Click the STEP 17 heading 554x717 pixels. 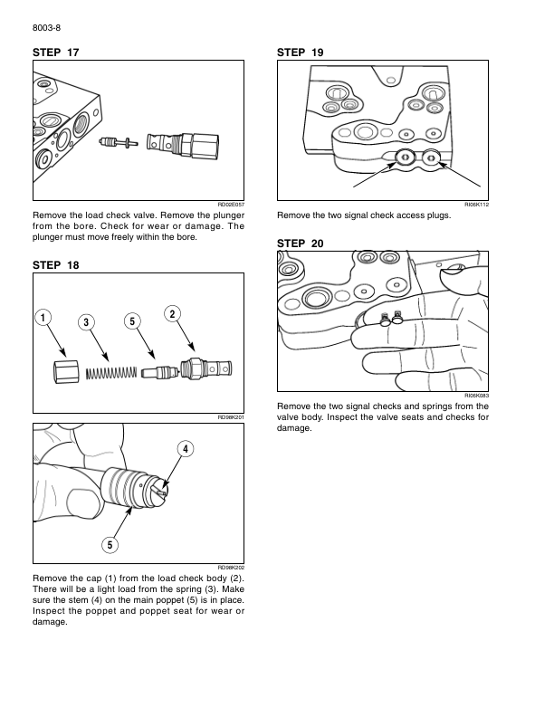(x=56, y=54)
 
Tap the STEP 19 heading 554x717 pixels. (x=301, y=54)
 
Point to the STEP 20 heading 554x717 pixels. (x=301, y=244)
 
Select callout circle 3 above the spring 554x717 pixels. (x=86, y=322)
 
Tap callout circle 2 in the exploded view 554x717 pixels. (x=171, y=313)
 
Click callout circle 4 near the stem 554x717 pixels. (x=184, y=449)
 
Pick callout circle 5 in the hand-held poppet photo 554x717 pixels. (x=109, y=544)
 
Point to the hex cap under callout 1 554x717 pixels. (x=65, y=371)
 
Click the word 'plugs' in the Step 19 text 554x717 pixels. (x=424, y=216)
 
